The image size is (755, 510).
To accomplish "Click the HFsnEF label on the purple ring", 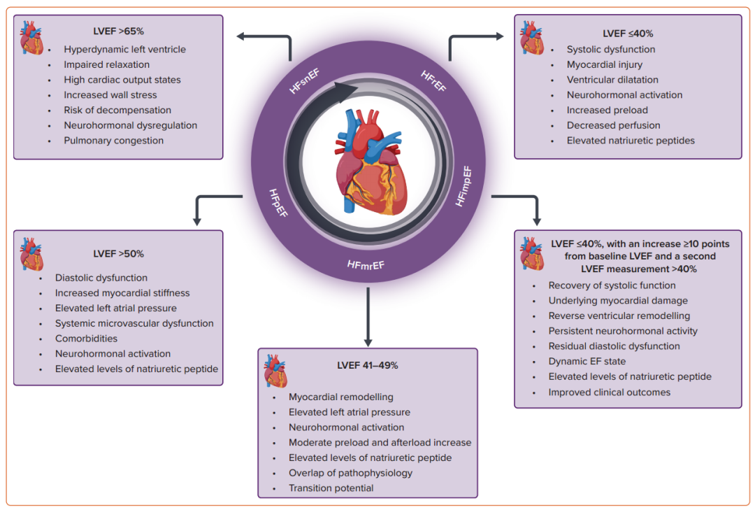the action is pyautogui.click(x=304, y=81).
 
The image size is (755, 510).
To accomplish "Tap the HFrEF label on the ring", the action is pyautogui.click(x=433, y=81).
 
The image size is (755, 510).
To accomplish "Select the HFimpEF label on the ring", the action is pyautogui.click(x=463, y=187).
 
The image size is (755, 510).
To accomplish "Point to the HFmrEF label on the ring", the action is pyautogui.click(x=366, y=265).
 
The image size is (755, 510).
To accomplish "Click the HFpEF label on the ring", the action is pyautogui.click(x=278, y=202).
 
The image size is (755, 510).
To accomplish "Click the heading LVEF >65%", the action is pyautogui.click(x=118, y=31).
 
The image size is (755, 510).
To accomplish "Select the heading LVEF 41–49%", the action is pyautogui.click(x=368, y=365).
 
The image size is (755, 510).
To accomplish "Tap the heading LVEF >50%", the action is pyautogui.click(x=118, y=254).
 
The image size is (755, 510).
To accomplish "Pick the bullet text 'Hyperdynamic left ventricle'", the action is pyautogui.click(x=124, y=49).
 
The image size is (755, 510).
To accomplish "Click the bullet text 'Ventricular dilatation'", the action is pyautogui.click(x=612, y=80).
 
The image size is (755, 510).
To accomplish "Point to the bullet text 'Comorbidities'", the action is pyautogui.click(x=86, y=339).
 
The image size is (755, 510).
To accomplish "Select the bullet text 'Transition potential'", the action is pyautogui.click(x=331, y=488).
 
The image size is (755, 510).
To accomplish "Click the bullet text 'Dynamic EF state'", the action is pyautogui.click(x=587, y=361).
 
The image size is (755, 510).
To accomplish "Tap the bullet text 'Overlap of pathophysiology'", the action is pyautogui.click(x=350, y=473).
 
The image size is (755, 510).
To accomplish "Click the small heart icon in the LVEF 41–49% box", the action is pyautogui.click(x=275, y=371).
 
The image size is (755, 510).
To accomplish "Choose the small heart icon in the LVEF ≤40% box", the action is pyautogui.click(x=531, y=38).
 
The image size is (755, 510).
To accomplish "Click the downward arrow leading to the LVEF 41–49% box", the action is pyautogui.click(x=368, y=317).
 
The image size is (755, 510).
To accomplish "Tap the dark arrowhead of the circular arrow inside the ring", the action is pyautogui.click(x=346, y=91).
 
